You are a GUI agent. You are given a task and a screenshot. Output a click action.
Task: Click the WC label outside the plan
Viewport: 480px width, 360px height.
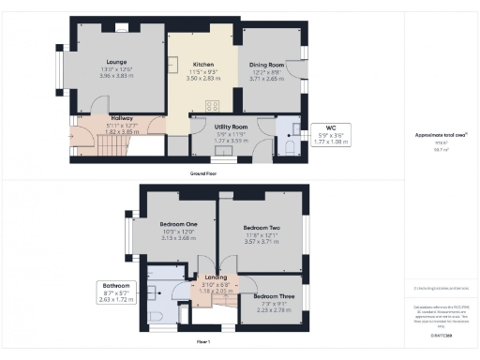click(331, 127)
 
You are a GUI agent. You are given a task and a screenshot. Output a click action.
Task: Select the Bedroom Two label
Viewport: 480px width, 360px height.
click(262, 228)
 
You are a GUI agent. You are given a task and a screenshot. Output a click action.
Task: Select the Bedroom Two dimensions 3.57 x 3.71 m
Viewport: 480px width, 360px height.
click(262, 242)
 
